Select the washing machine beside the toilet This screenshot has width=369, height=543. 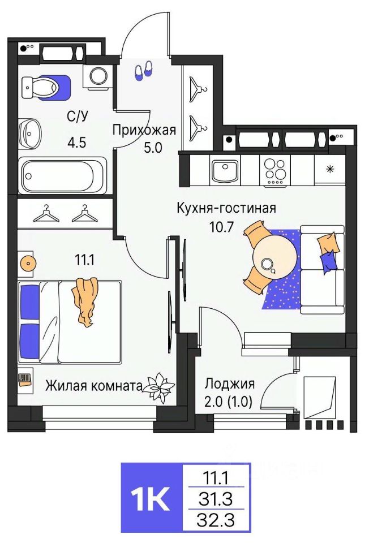tap(98, 76)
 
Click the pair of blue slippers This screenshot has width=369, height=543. tap(143, 70)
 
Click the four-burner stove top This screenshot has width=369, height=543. tap(275, 169)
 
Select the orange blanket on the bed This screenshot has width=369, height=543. tap(85, 300)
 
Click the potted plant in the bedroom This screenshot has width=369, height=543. tap(159, 387)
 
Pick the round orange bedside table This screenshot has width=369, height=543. tap(27, 262)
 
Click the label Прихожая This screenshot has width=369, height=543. tap(144, 130)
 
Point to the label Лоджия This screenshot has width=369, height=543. tap(229, 383)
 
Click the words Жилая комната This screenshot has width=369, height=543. tap(93, 386)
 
